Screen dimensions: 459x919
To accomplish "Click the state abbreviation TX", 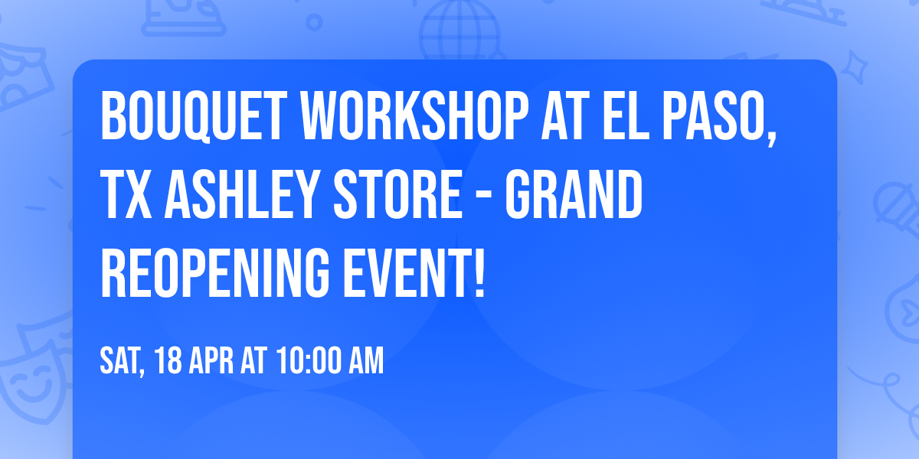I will (x=125, y=194).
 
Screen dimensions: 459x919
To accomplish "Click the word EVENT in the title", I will (x=406, y=274).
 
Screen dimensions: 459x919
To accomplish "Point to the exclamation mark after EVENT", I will (x=479, y=274).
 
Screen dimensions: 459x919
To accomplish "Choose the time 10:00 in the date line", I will (x=308, y=360).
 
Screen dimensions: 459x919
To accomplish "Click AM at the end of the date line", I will (x=366, y=360).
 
